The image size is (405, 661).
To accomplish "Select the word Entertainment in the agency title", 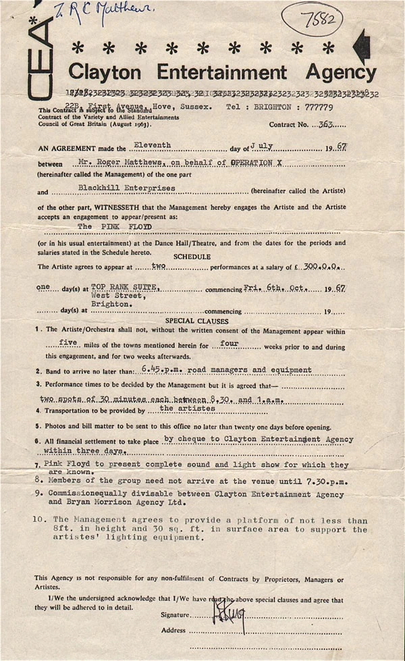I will pyautogui.click(x=228, y=72).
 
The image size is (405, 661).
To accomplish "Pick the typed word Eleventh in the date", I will pyautogui.click(x=153, y=145).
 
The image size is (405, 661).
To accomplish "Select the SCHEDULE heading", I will pyautogui.click(x=192, y=257).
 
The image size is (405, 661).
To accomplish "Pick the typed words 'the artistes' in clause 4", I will pyautogui.click(x=188, y=408).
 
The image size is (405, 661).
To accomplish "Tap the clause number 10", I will pyautogui.click(x=39, y=520).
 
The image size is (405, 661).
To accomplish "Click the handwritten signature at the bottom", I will pyautogui.click(x=228, y=612).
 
